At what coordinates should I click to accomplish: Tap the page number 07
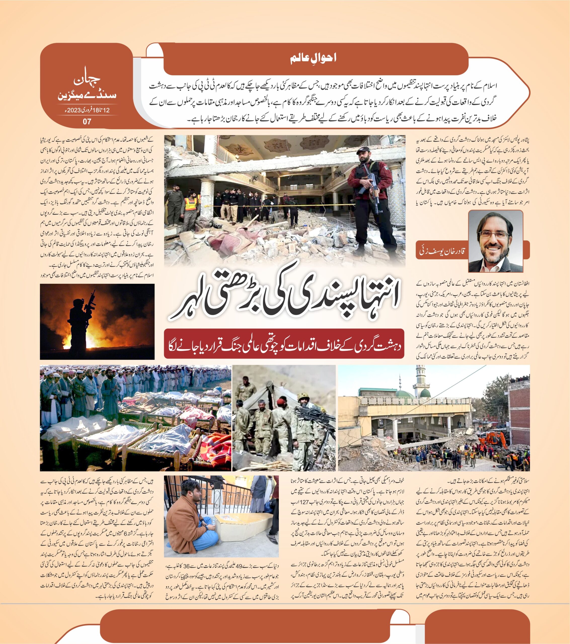87,121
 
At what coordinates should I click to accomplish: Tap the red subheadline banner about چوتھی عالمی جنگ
284,344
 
